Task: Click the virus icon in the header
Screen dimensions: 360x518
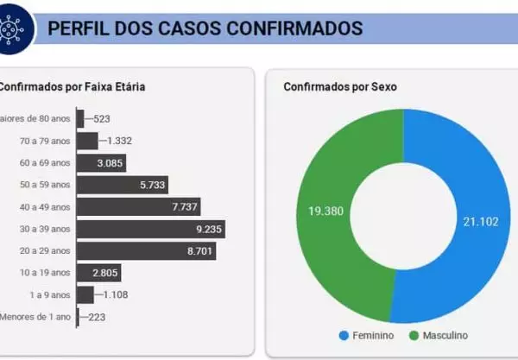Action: (x=18, y=26)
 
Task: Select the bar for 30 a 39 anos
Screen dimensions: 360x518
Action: (x=150, y=229)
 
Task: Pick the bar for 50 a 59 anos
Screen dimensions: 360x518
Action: (x=121, y=184)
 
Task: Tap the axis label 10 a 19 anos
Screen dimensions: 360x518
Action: (x=45, y=273)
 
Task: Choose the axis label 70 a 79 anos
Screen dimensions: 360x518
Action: (x=45, y=140)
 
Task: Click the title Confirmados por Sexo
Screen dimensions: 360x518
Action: (x=339, y=86)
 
